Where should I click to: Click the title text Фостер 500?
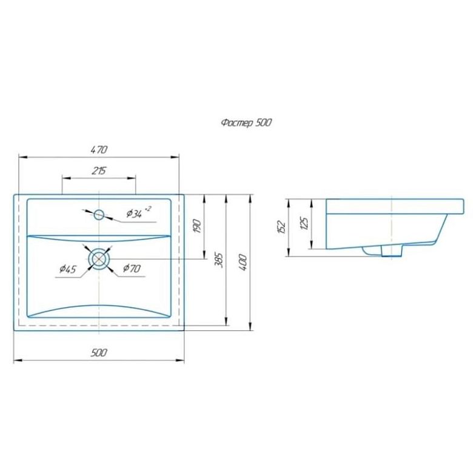(x=246, y=122)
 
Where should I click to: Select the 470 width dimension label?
(x=99, y=149)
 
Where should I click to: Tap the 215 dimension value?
(x=99, y=171)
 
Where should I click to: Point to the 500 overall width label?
(x=99, y=352)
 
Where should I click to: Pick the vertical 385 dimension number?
(x=219, y=260)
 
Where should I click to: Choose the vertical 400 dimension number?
(x=243, y=263)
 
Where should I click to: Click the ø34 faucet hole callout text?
(x=139, y=212)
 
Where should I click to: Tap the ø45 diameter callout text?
(x=68, y=269)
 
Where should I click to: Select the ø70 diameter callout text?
(x=132, y=268)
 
